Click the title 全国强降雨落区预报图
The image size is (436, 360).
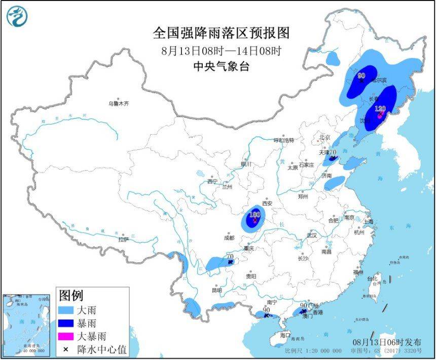point(221,33)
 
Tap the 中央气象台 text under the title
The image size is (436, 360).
point(221,66)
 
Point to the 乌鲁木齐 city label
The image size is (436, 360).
point(118,103)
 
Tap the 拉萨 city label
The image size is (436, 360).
point(124,239)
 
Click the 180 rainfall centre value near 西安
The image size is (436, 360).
point(255,215)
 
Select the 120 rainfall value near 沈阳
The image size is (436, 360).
point(380,108)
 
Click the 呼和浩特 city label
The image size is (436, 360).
point(283,140)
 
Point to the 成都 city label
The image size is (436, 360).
point(229,237)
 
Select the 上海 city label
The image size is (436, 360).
point(368,222)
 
